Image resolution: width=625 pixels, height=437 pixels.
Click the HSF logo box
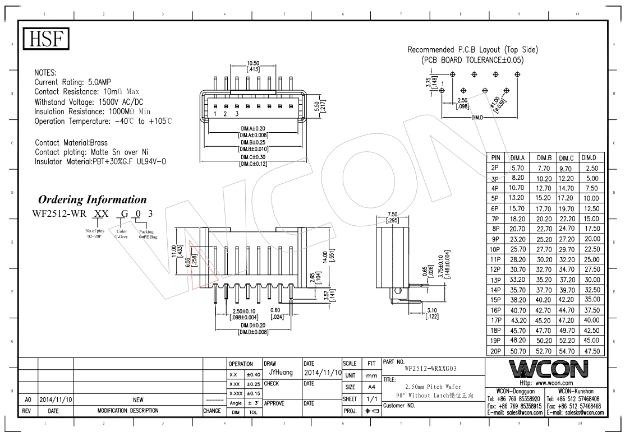(x=46, y=39)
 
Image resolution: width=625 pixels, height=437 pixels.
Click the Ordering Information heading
(x=92, y=199)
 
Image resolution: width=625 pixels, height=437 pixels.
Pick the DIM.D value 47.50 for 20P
(x=592, y=351)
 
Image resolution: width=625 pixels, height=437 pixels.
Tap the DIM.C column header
(x=566, y=157)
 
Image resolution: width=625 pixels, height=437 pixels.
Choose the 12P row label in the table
(x=495, y=269)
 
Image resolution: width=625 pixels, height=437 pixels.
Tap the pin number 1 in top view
(x=214, y=114)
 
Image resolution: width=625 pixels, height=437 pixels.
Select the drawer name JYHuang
(x=279, y=371)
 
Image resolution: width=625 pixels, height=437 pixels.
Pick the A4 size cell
(x=371, y=387)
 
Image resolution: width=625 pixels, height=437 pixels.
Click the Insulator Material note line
(x=100, y=161)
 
